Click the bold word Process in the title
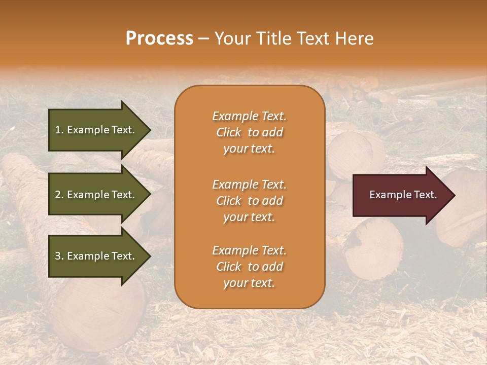(159, 39)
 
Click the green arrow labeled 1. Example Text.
(96, 130)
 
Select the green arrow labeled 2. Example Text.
(96, 195)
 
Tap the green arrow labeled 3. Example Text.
(96, 256)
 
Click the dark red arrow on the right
(401, 195)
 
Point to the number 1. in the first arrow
(59, 130)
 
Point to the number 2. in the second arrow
(59, 195)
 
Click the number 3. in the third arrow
(59, 256)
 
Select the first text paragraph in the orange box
(249, 132)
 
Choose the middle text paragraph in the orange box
(249, 201)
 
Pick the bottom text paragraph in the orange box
(249, 267)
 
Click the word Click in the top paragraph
(229, 132)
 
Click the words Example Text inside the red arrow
(403, 195)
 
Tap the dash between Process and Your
(203, 39)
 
